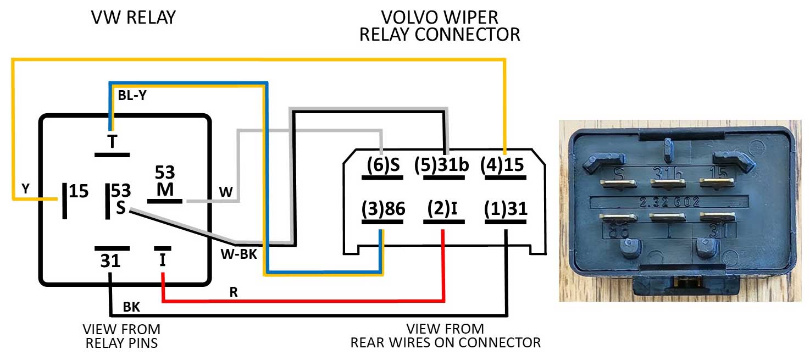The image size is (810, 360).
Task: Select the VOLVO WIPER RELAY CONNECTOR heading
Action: (x=439, y=26)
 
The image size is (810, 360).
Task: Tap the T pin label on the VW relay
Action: (x=112, y=142)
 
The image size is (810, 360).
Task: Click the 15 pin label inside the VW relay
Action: (x=79, y=192)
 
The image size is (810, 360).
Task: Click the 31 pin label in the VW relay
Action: (x=110, y=261)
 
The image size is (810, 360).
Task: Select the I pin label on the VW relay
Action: (x=162, y=260)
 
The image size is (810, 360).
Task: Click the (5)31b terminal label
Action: (x=442, y=165)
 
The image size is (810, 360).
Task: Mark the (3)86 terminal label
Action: (x=383, y=209)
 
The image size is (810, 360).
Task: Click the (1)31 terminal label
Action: (x=506, y=209)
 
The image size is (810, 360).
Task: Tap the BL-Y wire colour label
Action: (x=132, y=95)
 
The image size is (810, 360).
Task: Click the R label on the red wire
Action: (x=234, y=291)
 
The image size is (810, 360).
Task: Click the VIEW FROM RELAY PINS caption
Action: (x=121, y=336)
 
